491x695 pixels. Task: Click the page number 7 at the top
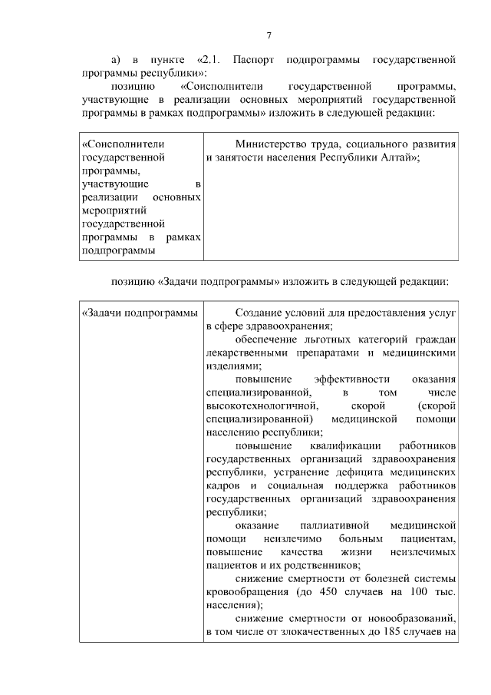pyautogui.click(x=269, y=35)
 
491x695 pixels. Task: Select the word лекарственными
pyautogui.click(x=245, y=353)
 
